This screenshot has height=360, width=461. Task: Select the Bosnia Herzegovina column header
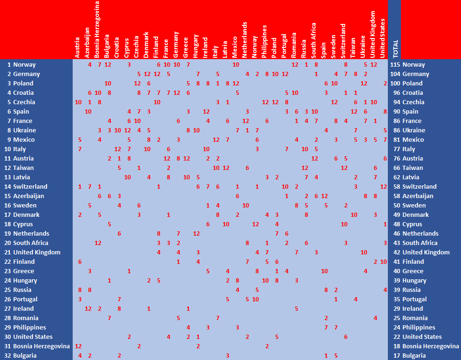(x=97, y=29)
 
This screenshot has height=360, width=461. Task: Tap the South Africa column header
(x=314, y=40)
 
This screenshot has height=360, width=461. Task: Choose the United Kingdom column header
(x=373, y=34)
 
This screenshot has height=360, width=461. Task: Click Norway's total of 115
(x=395, y=64)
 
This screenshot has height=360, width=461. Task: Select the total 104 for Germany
(x=395, y=74)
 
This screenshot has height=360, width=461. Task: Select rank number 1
(x=9, y=64)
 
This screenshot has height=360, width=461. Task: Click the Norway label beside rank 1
(x=24, y=64)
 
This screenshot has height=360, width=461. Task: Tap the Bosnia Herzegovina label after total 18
(x=431, y=346)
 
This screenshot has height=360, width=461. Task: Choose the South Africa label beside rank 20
(x=30, y=243)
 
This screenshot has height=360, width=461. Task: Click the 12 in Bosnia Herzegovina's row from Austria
(x=78, y=346)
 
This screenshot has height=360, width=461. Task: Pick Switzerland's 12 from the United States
(x=383, y=186)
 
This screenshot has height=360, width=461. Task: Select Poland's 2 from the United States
(x=385, y=83)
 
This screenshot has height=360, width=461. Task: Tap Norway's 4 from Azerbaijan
(x=90, y=64)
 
